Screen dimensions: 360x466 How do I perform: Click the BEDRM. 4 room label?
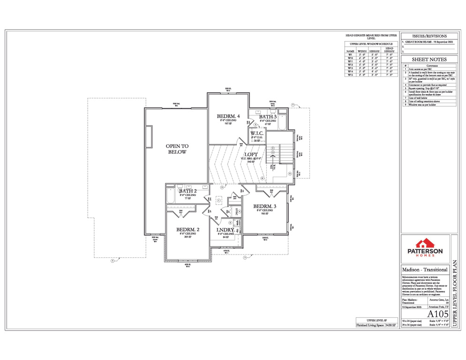tap(228, 116)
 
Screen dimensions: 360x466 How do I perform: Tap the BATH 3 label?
tap(268, 117)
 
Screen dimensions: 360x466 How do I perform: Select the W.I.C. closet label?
tap(257, 133)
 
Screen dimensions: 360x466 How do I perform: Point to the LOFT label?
tap(251, 155)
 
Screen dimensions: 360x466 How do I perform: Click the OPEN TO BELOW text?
tap(176, 149)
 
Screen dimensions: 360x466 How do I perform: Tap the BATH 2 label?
tap(187, 191)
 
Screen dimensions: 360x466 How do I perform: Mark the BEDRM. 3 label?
tap(265, 206)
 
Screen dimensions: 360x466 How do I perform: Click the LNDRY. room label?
tap(225, 230)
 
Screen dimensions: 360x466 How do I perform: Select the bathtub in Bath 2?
tap(170, 196)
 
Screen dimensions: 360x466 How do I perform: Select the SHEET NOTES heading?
tap(429, 60)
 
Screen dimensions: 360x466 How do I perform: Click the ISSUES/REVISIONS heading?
tap(429, 36)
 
